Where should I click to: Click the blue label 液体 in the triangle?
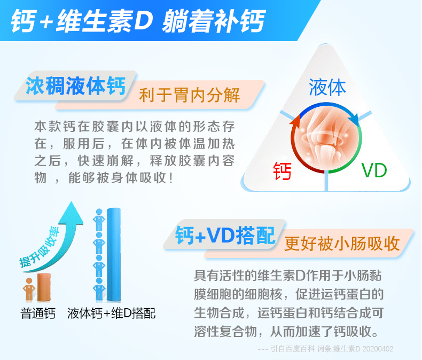click(327, 87)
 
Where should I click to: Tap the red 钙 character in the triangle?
click(282, 171)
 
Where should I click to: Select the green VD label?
click(374, 170)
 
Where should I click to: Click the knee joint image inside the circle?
click(326, 138)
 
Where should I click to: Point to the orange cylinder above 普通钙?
click(44, 287)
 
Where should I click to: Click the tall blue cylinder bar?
click(114, 255)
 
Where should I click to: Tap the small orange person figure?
click(29, 289)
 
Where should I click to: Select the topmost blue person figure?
click(99, 220)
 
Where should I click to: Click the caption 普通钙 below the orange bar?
click(38, 314)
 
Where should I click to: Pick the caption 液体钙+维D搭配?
click(112, 314)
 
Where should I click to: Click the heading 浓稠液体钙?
click(76, 86)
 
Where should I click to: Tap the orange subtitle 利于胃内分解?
click(190, 95)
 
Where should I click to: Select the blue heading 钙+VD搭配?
click(225, 235)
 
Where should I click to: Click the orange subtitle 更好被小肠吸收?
click(342, 244)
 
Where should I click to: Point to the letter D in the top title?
click(144, 20)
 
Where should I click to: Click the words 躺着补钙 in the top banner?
click(214, 21)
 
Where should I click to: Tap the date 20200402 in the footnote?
click(378, 349)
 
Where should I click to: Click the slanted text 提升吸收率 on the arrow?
click(40, 247)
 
